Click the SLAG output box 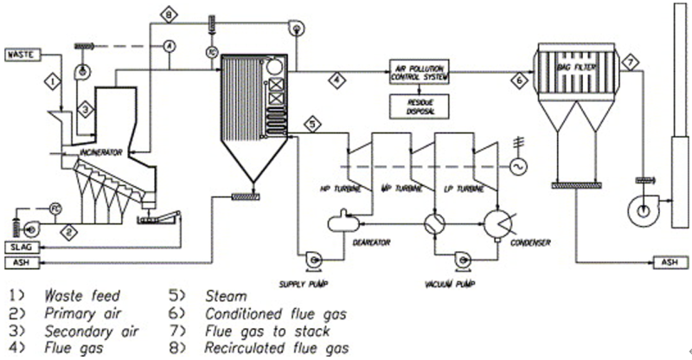coord(20,247)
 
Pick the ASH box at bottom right coord(668,261)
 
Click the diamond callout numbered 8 coord(170,14)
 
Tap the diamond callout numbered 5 coord(313,124)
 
